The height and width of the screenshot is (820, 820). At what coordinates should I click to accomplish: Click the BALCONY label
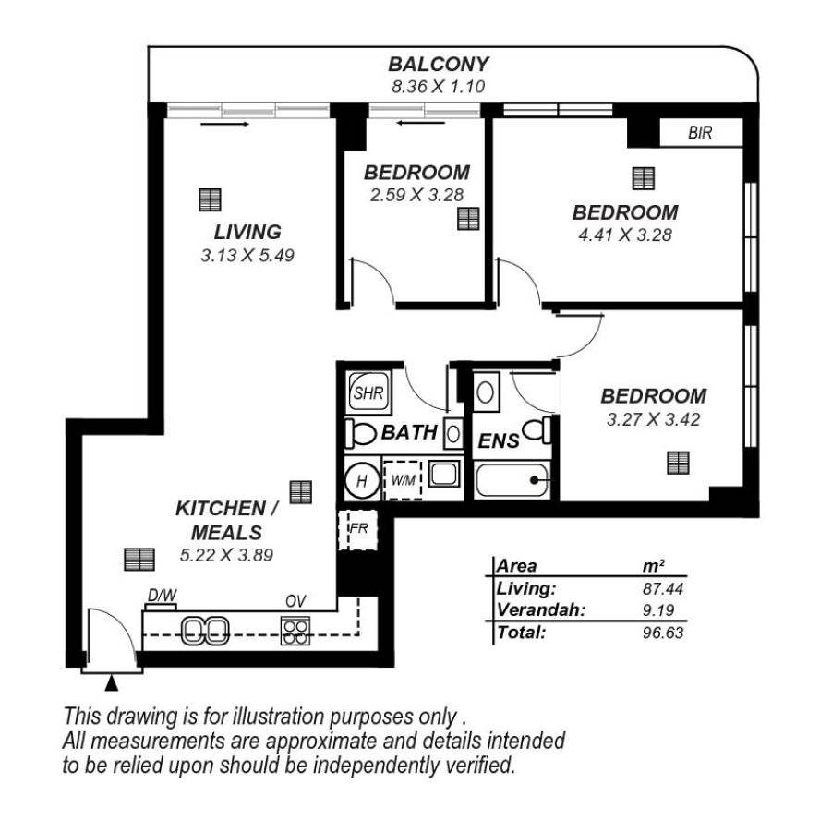click(x=439, y=65)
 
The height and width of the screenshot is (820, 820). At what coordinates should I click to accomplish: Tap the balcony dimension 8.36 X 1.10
click(x=439, y=86)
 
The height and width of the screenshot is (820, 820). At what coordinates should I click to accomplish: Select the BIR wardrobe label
click(x=700, y=133)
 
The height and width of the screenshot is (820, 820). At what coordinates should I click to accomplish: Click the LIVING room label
click(x=247, y=232)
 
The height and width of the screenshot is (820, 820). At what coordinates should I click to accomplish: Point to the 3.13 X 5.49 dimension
click(x=247, y=255)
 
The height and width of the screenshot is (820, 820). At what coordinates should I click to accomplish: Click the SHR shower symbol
click(x=368, y=392)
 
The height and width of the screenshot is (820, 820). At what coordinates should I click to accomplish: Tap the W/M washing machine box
click(x=403, y=479)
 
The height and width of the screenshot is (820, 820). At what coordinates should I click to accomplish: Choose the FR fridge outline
click(x=358, y=530)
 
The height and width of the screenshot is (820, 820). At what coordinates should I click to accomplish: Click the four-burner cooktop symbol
click(x=295, y=632)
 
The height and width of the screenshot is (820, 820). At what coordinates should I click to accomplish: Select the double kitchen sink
click(x=205, y=632)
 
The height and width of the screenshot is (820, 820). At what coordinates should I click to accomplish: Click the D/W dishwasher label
click(x=162, y=596)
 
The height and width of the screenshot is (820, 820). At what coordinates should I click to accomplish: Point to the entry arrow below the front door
click(x=112, y=683)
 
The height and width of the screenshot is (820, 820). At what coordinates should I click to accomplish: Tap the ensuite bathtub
click(x=512, y=480)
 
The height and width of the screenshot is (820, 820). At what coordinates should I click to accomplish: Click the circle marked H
click(x=361, y=480)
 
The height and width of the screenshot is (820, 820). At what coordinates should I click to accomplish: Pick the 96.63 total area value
click(x=663, y=633)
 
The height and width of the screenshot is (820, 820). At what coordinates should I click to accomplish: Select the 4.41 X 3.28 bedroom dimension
click(x=625, y=235)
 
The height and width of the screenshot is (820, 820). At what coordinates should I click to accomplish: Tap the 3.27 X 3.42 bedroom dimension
click(x=653, y=419)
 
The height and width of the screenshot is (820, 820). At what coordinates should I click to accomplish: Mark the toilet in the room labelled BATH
click(x=361, y=433)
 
